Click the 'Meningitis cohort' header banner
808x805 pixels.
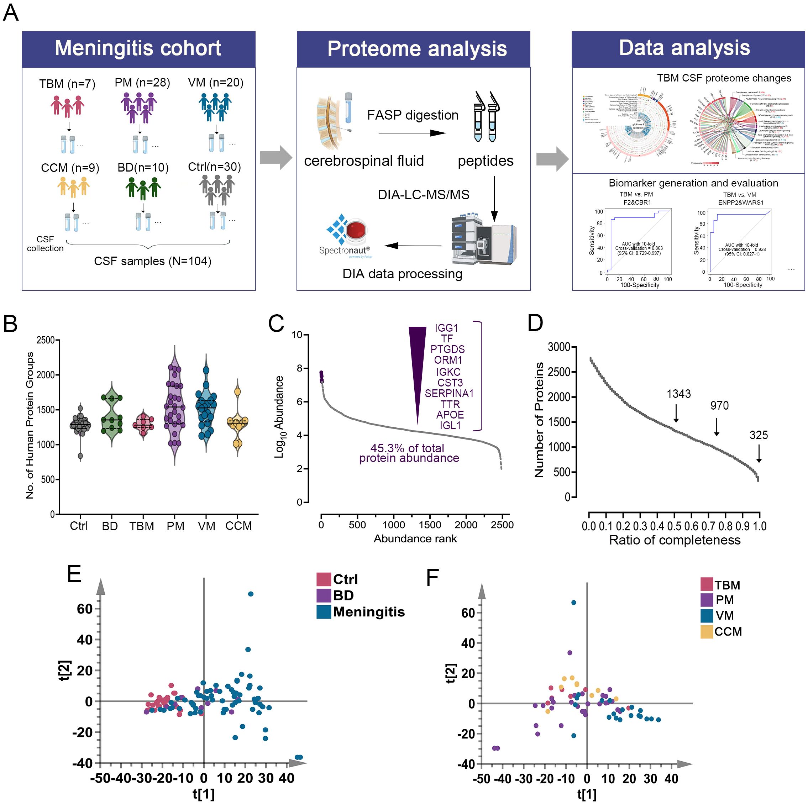coord(138,48)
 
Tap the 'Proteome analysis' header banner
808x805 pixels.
coord(416,48)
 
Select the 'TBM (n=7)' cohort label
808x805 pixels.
coord(67,84)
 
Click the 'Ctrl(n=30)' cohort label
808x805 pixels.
coord(214,167)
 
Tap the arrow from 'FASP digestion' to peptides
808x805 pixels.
coord(412,133)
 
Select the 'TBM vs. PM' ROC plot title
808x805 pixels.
coord(636,194)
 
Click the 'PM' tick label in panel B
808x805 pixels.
coord(175,526)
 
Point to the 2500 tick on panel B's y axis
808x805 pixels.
coord(45,340)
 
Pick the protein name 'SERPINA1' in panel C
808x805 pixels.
coord(449,394)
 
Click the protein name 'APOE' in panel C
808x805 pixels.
coord(450,415)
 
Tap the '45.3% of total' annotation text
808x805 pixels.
coord(407,448)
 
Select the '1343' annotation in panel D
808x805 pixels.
coord(678,394)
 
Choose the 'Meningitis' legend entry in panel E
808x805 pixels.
coord(368,612)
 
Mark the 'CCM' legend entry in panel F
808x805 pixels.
coord(727,631)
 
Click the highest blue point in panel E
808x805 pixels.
coord(251,594)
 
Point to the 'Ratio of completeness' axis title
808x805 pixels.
coord(675,540)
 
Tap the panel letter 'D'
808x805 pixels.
coord(535,323)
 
